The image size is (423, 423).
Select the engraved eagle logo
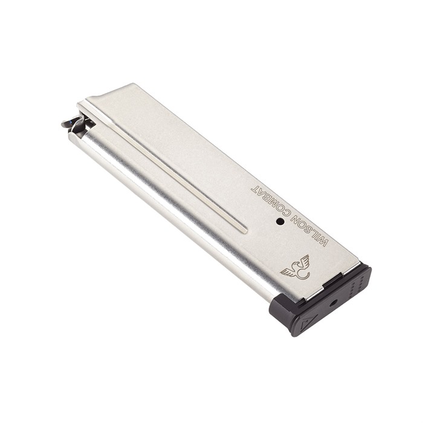pos(296,268)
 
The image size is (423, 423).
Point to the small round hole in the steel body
pos(280,222)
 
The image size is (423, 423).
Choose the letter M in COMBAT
pos(273,202)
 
